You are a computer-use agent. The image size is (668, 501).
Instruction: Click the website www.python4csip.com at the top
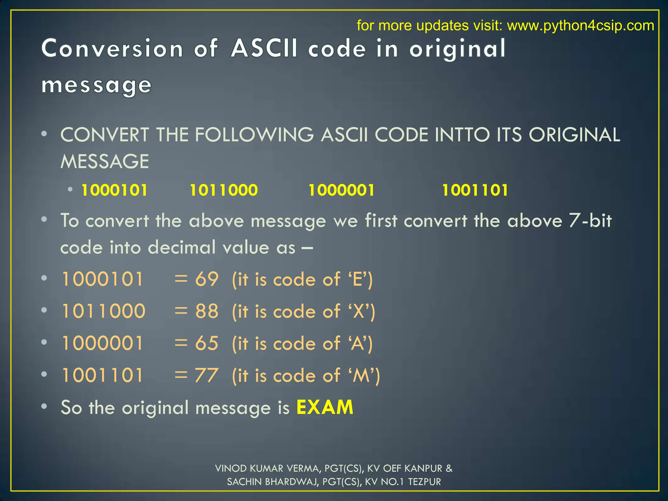pyautogui.click(x=580, y=25)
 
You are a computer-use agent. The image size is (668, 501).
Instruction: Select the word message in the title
pyautogui.click(x=97, y=85)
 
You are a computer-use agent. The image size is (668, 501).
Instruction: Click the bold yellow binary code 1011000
pyautogui.click(x=223, y=190)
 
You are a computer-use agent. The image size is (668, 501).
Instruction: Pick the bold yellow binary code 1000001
pyautogui.click(x=342, y=190)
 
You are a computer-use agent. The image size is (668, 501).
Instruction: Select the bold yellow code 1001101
pyautogui.click(x=475, y=190)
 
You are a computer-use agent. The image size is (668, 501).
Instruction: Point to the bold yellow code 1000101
pyautogui.click(x=114, y=190)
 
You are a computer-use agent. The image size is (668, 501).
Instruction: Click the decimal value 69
pyautogui.click(x=207, y=279)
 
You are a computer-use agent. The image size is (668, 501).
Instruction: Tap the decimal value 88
pyautogui.click(x=207, y=311)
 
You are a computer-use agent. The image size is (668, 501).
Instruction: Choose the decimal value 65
pyautogui.click(x=207, y=343)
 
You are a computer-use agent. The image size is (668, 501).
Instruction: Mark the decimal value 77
pyautogui.click(x=207, y=375)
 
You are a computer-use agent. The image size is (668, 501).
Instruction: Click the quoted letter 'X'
pyautogui.click(x=359, y=311)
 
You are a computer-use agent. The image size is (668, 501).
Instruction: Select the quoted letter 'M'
pyautogui.click(x=361, y=375)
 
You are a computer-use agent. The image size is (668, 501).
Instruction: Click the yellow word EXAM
pyautogui.click(x=325, y=407)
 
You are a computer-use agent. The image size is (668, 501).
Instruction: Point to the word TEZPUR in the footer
pyautogui.click(x=424, y=482)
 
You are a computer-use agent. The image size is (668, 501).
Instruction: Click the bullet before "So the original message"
pyautogui.click(x=44, y=406)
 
